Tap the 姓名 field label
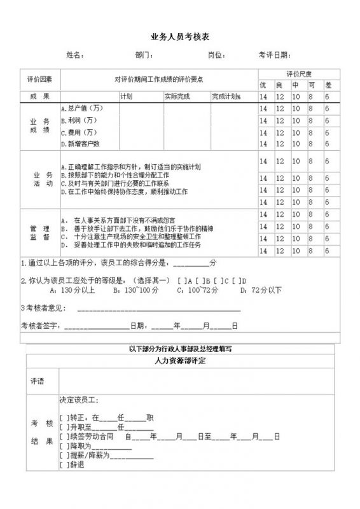75,55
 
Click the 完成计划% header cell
226,97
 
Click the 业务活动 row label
39,179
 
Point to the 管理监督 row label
39,232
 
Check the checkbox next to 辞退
62,465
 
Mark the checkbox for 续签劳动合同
62,436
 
